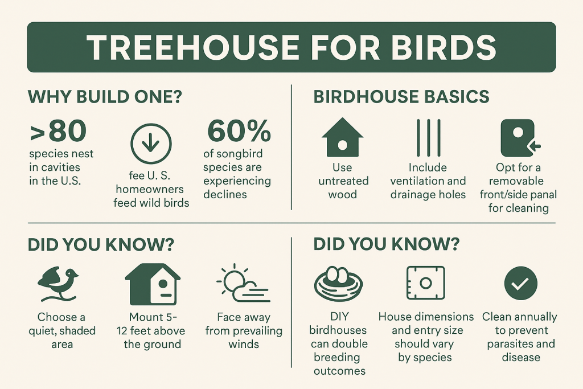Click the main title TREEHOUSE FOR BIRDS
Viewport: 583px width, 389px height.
291,47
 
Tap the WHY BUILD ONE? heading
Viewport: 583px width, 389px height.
104,97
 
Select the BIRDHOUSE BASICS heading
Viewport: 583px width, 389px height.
401,97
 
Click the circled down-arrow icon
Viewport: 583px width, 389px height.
150,142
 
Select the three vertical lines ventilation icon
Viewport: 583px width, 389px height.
428,138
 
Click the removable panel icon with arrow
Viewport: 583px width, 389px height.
519,138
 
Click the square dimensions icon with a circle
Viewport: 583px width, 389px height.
425,283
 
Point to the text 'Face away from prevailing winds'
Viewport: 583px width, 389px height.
243,330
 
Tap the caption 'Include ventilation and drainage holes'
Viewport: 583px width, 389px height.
428,181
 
